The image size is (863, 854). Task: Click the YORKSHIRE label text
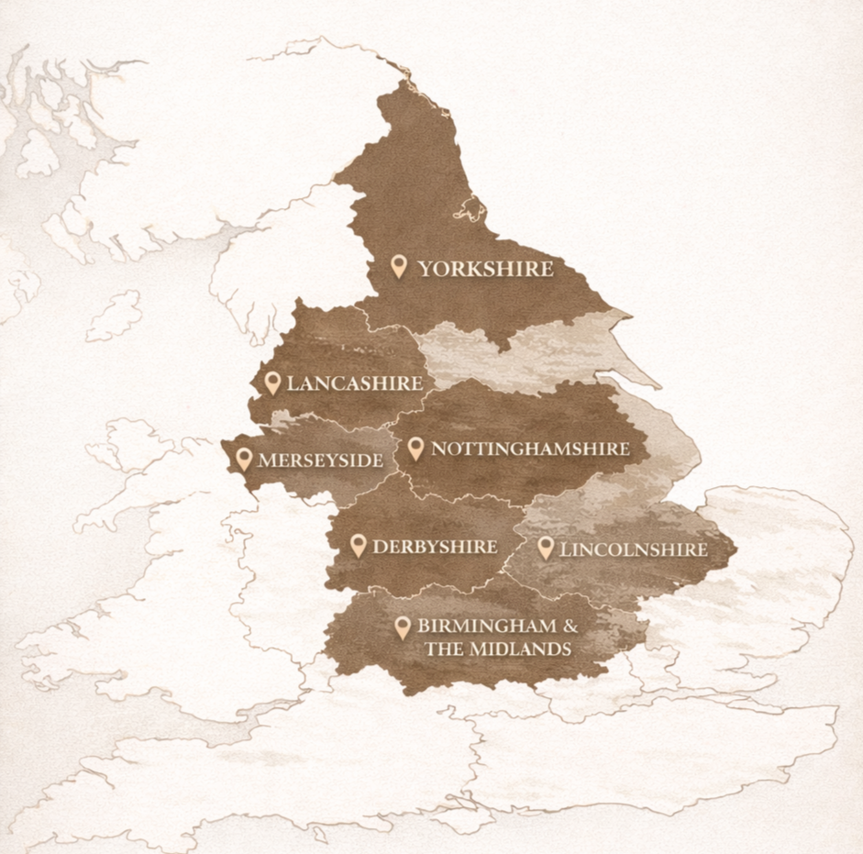tap(486, 269)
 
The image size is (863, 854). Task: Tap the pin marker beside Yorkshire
tap(399, 266)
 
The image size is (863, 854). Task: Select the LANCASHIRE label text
tap(354, 383)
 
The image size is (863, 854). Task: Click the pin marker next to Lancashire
tap(272, 382)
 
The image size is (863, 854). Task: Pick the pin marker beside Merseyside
tap(244, 459)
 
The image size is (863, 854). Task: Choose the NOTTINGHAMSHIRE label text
tap(530, 449)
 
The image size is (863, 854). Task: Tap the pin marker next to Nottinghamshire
tap(415, 448)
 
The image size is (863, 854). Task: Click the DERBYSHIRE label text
tap(435, 548)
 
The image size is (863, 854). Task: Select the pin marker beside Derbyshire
tap(359, 546)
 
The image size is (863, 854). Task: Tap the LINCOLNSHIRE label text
tap(633, 549)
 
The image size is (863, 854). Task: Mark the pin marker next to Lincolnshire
tap(546, 548)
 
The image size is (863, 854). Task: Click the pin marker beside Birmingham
tap(402, 627)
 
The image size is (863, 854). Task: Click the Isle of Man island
tap(115, 316)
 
